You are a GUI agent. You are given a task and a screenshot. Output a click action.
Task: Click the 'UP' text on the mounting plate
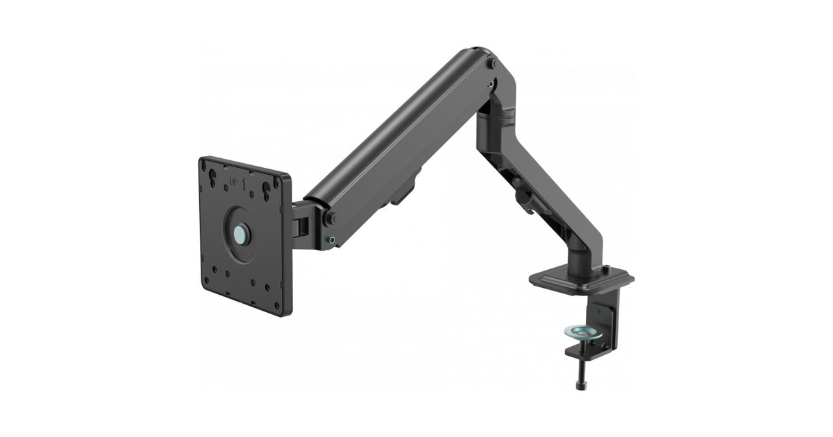[x=234, y=182]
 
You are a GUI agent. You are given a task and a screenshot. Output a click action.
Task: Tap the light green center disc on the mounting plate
[x=240, y=234]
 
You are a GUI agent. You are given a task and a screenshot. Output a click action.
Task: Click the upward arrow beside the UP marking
[x=244, y=183]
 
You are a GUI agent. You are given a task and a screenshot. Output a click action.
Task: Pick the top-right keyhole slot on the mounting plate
[x=267, y=189]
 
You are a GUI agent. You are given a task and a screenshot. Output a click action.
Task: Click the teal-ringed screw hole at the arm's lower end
[x=332, y=240]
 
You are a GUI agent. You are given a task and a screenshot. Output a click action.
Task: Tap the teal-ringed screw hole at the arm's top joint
[x=492, y=85]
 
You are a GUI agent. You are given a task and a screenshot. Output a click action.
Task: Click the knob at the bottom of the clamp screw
[x=580, y=386]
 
